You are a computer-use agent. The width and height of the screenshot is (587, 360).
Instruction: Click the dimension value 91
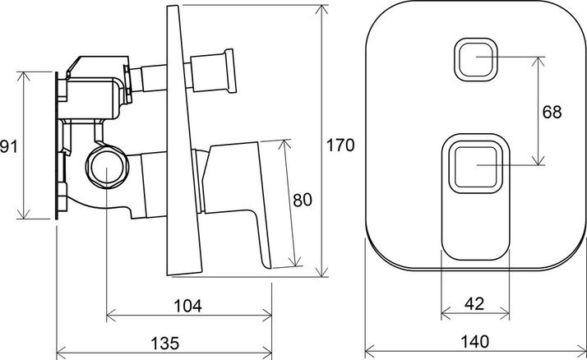8,146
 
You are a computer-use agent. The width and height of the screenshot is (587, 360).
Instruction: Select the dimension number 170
340,145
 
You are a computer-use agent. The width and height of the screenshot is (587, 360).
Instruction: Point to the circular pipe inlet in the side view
106,167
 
